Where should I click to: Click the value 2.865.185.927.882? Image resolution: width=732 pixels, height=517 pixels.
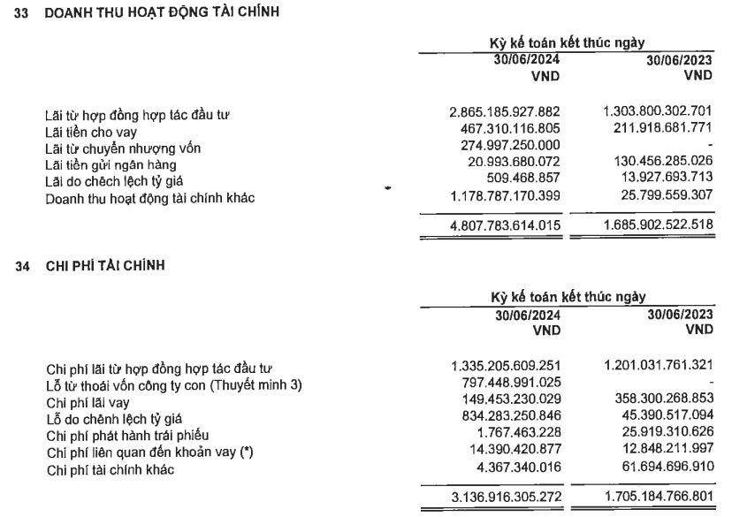pos(505,115)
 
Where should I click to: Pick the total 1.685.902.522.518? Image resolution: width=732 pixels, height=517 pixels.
pos(657,224)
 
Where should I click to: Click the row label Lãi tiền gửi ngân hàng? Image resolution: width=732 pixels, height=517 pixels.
pos(111,165)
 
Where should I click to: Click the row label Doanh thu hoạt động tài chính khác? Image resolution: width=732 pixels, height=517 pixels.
pos(150,198)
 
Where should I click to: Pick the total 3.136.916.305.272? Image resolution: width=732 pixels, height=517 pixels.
pos(505,497)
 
